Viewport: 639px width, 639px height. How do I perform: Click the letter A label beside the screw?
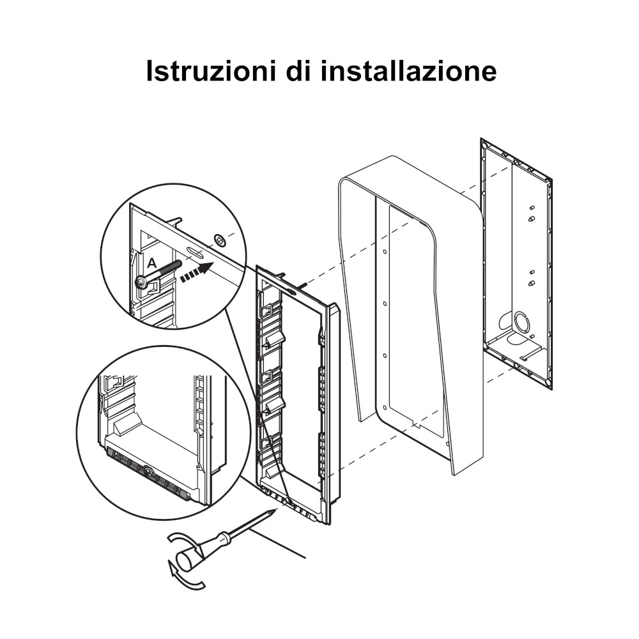(x=151, y=263)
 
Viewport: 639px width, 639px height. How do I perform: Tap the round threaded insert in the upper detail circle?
(x=219, y=240)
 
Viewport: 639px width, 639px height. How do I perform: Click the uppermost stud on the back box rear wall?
(x=532, y=208)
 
